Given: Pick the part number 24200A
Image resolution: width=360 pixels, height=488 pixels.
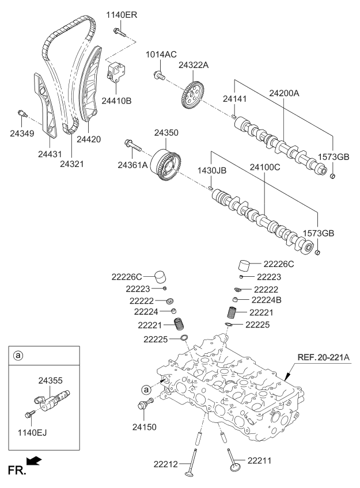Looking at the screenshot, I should pos(285,92).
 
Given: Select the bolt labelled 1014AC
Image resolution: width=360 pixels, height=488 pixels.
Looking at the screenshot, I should pos(160,74).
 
